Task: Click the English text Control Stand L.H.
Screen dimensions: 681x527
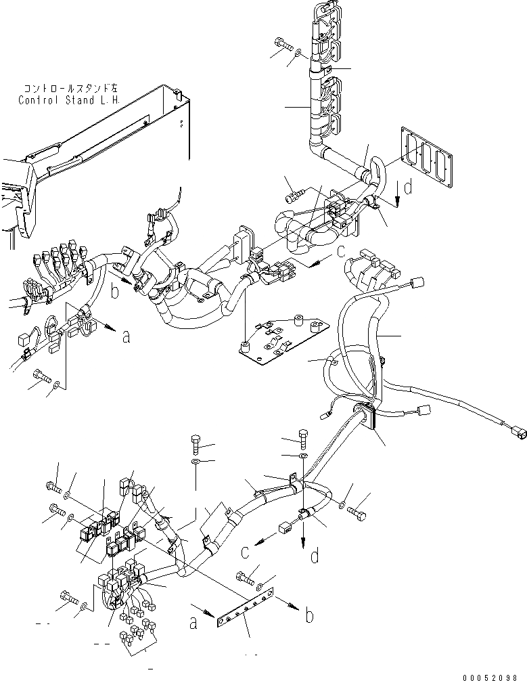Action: coord(70,100)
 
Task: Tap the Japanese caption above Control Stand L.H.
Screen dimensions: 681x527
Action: coord(70,89)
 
